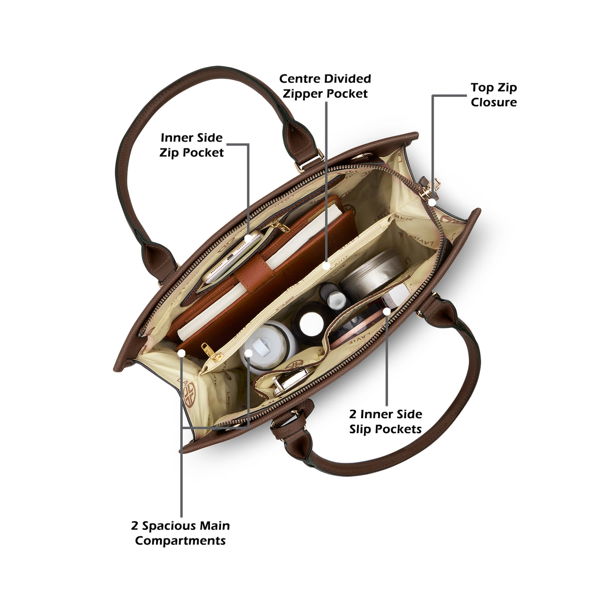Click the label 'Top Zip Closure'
coord(493,95)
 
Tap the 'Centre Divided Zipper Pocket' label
coord(325,86)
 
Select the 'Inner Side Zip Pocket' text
coord(191,145)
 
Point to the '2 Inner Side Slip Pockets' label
coord(385,422)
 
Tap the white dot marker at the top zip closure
coord(432,202)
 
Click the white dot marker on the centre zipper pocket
coord(326,266)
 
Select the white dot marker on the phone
coord(248,238)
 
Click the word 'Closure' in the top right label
coord(494,102)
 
